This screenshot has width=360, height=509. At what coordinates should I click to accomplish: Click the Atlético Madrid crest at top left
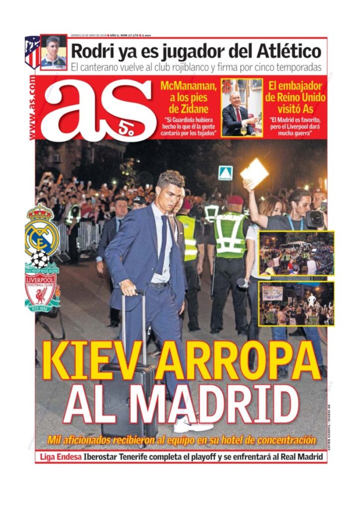[32, 52]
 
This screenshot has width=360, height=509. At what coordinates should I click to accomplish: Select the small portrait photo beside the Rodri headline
[53, 52]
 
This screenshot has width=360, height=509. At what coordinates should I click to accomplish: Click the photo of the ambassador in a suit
[241, 107]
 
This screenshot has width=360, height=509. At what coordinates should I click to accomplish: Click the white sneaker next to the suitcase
[191, 425]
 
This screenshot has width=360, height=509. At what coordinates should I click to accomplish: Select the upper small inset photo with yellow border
[296, 254]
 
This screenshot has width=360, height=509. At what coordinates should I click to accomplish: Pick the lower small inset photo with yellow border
[296, 304]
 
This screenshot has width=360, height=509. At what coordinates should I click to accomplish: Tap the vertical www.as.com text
[32, 107]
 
